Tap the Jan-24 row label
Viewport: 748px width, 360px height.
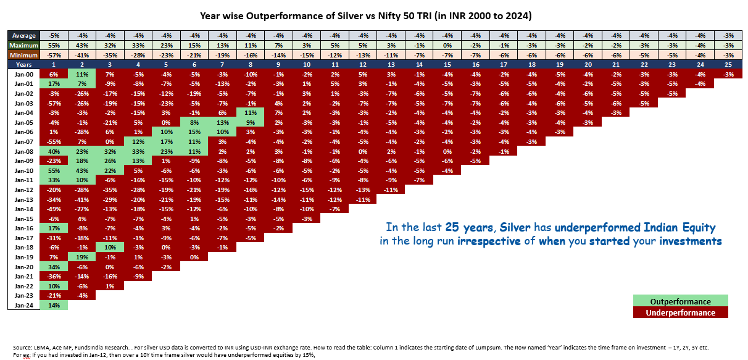click(x=23, y=305)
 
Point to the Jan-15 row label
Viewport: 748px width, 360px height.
click(x=23, y=218)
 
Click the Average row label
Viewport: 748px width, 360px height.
click(x=23, y=35)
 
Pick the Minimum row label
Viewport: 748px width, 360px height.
click(x=23, y=54)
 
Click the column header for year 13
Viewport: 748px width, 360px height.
click(x=391, y=64)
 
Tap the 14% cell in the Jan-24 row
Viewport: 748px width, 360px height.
click(x=54, y=305)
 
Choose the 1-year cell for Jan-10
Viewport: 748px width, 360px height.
click(x=54, y=170)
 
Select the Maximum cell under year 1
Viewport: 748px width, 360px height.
click(x=54, y=45)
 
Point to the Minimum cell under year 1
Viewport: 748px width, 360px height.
click(x=54, y=54)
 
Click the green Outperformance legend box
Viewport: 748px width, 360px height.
click(x=681, y=301)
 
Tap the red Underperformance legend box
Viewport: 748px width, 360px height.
click(x=681, y=312)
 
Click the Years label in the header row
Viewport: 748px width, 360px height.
click(x=23, y=64)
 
